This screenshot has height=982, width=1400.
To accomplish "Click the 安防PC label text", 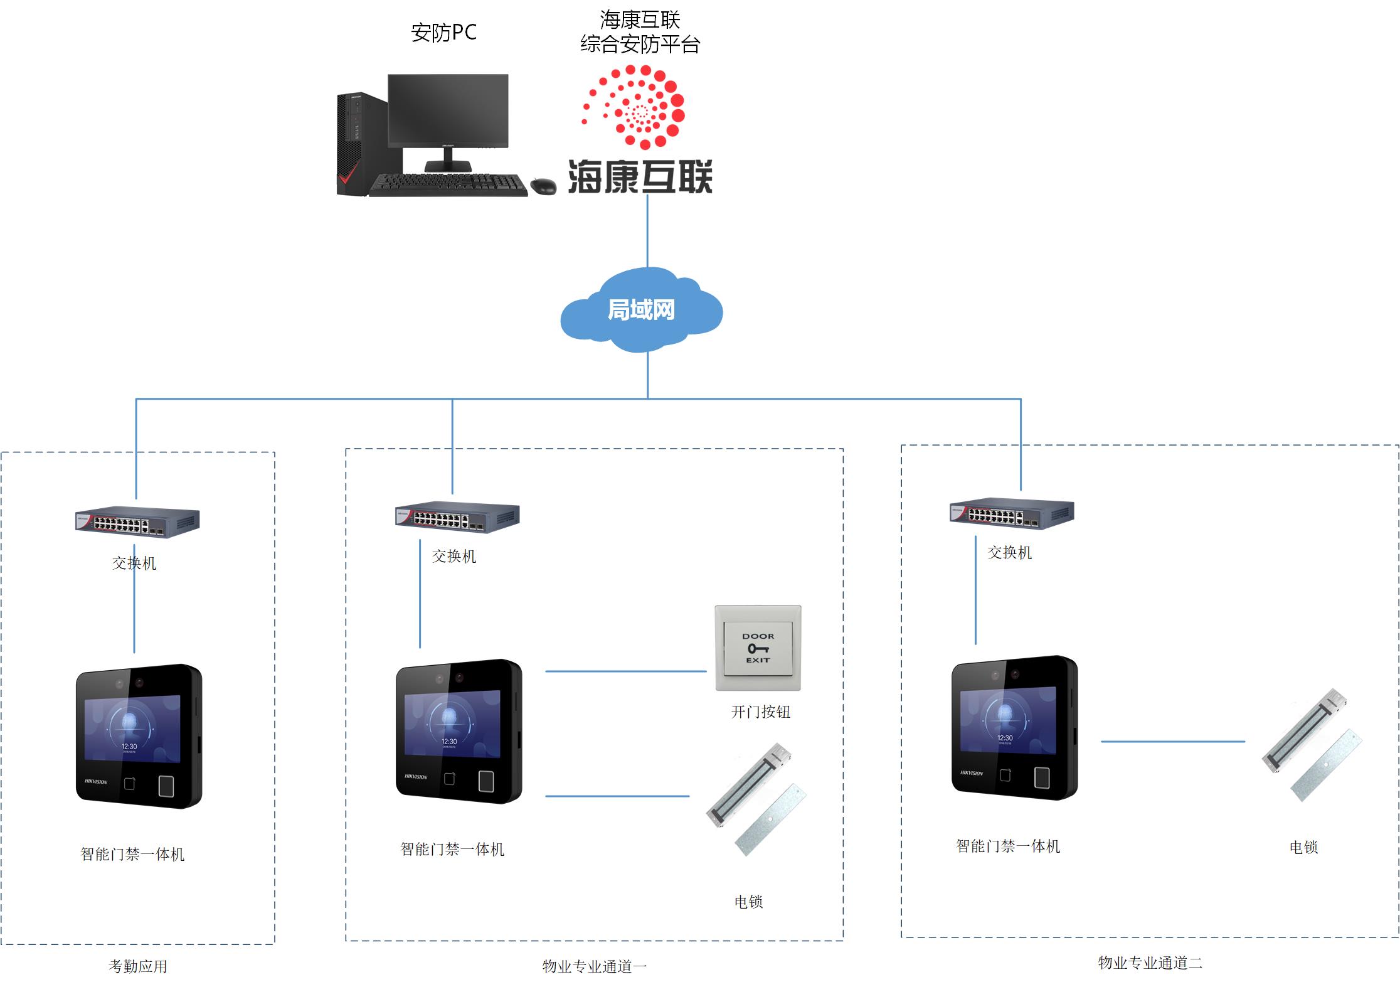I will (x=443, y=33).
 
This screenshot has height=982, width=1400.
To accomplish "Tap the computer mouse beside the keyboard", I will (x=543, y=186).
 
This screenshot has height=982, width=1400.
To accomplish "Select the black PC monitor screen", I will (x=448, y=110).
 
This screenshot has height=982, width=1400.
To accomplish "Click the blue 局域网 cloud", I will (x=641, y=310).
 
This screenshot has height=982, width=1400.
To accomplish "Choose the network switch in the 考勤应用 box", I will (x=137, y=522).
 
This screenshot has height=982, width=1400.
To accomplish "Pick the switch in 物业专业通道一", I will (x=457, y=517).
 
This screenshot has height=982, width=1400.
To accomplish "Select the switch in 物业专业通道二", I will (x=1012, y=514).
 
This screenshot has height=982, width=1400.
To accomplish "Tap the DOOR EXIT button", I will (x=758, y=648).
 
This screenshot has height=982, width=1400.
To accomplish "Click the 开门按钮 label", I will (x=760, y=712).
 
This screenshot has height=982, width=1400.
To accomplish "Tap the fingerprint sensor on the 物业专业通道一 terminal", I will (x=486, y=781).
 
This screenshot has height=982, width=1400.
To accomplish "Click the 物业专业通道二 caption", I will (x=1150, y=963).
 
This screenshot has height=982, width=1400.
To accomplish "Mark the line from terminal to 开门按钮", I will (x=625, y=671).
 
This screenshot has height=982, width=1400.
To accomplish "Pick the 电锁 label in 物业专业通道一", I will (x=748, y=902).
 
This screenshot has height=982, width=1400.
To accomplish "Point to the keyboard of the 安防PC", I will (x=449, y=184).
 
